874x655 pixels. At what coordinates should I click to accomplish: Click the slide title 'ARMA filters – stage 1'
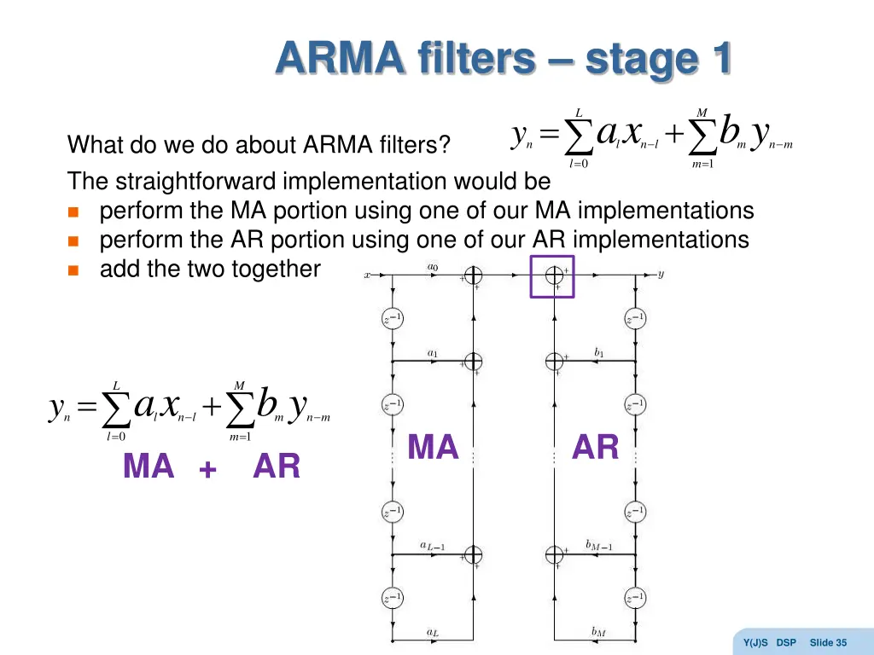[x=504, y=60]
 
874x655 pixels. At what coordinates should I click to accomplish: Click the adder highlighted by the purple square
[x=554, y=275]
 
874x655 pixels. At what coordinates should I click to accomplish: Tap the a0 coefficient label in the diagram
[x=432, y=267]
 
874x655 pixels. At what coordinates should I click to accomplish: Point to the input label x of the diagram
[x=367, y=275]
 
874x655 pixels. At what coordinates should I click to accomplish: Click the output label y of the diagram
[x=661, y=275]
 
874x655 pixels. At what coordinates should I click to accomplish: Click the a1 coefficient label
[x=432, y=352]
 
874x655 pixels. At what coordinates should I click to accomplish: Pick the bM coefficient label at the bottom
[x=598, y=632]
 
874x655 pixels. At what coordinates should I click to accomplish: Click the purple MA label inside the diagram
[x=433, y=448]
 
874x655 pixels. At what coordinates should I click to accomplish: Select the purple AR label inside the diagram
[x=595, y=448]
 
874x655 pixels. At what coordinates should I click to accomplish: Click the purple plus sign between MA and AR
[x=207, y=469]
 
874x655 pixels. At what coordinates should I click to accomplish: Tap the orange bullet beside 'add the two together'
[x=73, y=270]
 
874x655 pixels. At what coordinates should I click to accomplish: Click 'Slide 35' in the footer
[x=828, y=642]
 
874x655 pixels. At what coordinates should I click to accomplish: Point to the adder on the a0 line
[x=473, y=275]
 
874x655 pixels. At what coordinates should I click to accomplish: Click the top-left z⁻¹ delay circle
[x=391, y=319]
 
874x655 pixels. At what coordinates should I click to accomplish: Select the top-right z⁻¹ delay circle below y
[x=634, y=319]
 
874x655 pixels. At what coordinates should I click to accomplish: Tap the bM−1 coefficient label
[x=598, y=545]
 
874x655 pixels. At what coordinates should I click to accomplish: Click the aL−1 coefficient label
[x=432, y=546]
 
